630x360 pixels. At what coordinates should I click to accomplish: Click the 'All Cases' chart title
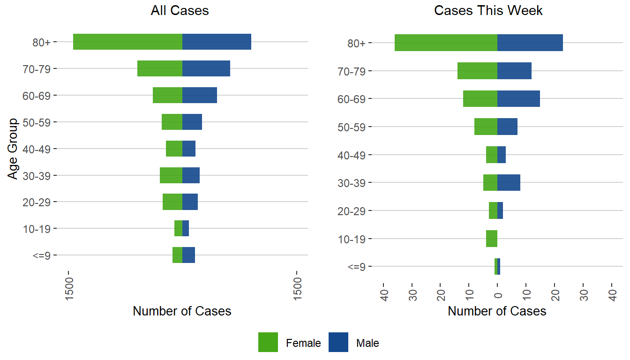tap(180, 11)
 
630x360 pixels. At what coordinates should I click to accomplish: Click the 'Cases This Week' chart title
tap(488, 11)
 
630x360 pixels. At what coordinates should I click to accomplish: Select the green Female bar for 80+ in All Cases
tap(127, 42)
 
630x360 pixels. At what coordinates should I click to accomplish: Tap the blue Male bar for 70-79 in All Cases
tap(206, 68)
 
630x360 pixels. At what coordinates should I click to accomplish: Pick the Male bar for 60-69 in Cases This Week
tap(518, 98)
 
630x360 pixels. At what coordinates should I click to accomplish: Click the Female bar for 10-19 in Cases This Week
tap(492, 239)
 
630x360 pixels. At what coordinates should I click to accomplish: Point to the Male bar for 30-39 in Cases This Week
tap(509, 182)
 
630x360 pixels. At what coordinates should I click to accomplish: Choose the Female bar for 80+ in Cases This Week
tap(446, 43)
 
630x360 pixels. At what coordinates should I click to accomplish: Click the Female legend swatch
tap(268, 342)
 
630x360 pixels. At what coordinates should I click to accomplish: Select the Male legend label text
tap(367, 343)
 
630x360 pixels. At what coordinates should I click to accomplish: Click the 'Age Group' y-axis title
tap(13, 149)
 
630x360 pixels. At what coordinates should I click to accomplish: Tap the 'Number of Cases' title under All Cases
tap(182, 311)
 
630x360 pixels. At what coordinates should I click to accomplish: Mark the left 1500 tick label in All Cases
tap(69, 286)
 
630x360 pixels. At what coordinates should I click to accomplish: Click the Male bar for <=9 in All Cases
tap(188, 255)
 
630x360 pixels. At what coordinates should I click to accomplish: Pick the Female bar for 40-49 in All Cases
tap(174, 149)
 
